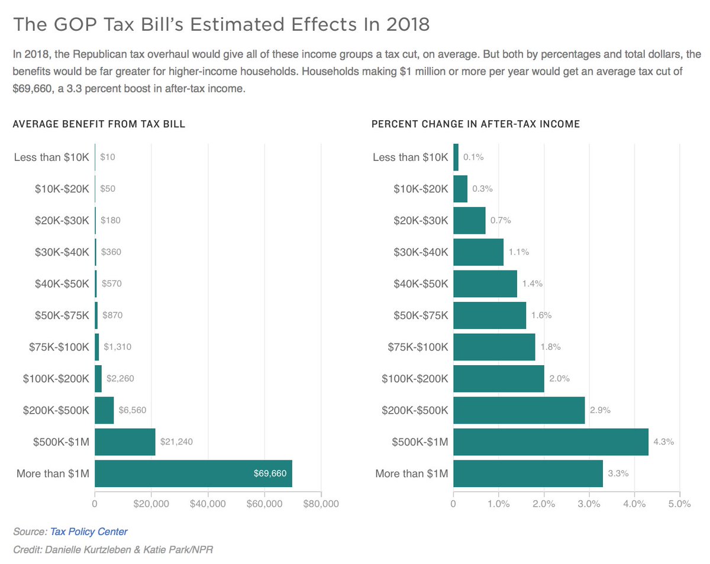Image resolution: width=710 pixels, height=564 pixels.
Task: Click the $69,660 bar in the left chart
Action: coord(193,473)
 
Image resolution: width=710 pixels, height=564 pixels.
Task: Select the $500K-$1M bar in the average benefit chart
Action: coord(125,441)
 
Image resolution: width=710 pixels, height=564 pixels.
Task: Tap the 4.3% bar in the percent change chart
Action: coord(550,441)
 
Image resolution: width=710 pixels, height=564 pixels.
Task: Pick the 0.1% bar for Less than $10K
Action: coord(456,157)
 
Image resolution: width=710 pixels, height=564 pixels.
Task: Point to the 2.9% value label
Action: coord(600,410)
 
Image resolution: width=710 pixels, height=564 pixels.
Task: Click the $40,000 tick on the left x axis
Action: coord(208,504)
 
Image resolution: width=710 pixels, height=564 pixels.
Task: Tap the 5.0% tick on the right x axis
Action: coord(680,504)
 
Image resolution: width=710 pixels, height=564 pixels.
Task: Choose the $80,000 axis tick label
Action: coord(321,504)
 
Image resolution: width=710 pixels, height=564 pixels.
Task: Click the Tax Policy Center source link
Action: coord(88,531)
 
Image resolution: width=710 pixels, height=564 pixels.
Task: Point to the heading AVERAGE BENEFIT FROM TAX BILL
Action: coord(99,124)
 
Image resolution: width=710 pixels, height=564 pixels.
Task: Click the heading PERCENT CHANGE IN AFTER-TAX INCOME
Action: coord(475,124)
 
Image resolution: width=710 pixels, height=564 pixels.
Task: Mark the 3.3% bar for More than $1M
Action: coord(528,473)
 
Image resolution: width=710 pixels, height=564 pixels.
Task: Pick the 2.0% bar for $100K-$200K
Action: coord(498,379)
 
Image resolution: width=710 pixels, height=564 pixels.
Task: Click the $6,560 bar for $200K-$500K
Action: coord(104,410)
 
